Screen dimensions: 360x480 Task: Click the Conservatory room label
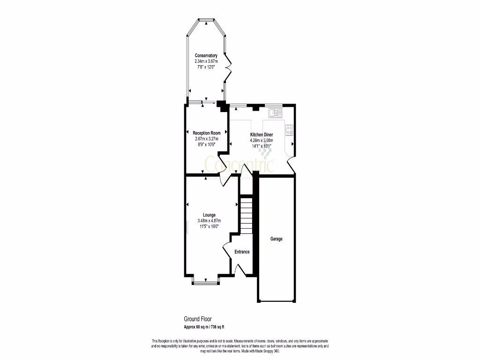click(206, 55)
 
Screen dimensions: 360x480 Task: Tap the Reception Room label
click(206, 133)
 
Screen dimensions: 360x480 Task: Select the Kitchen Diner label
click(261, 135)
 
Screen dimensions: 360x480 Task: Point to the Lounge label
click(209, 215)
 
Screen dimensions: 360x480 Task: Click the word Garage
click(276, 239)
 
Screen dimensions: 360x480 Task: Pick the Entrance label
click(242, 252)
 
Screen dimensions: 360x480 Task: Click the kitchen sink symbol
click(275, 112)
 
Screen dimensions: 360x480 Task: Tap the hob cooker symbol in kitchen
click(289, 129)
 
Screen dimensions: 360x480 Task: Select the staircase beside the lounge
click(247, 216)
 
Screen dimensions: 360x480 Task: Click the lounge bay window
click(206, 281)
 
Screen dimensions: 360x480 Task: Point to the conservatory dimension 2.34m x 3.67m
click(206, 61)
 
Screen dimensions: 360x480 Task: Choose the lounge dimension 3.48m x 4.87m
click(209, 221)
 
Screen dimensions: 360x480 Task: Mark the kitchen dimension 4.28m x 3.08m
click(261, 140)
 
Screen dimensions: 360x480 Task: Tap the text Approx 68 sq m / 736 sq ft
click(207, 327)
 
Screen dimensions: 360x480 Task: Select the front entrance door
click(240, 270)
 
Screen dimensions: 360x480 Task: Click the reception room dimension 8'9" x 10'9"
click(206, 144)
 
